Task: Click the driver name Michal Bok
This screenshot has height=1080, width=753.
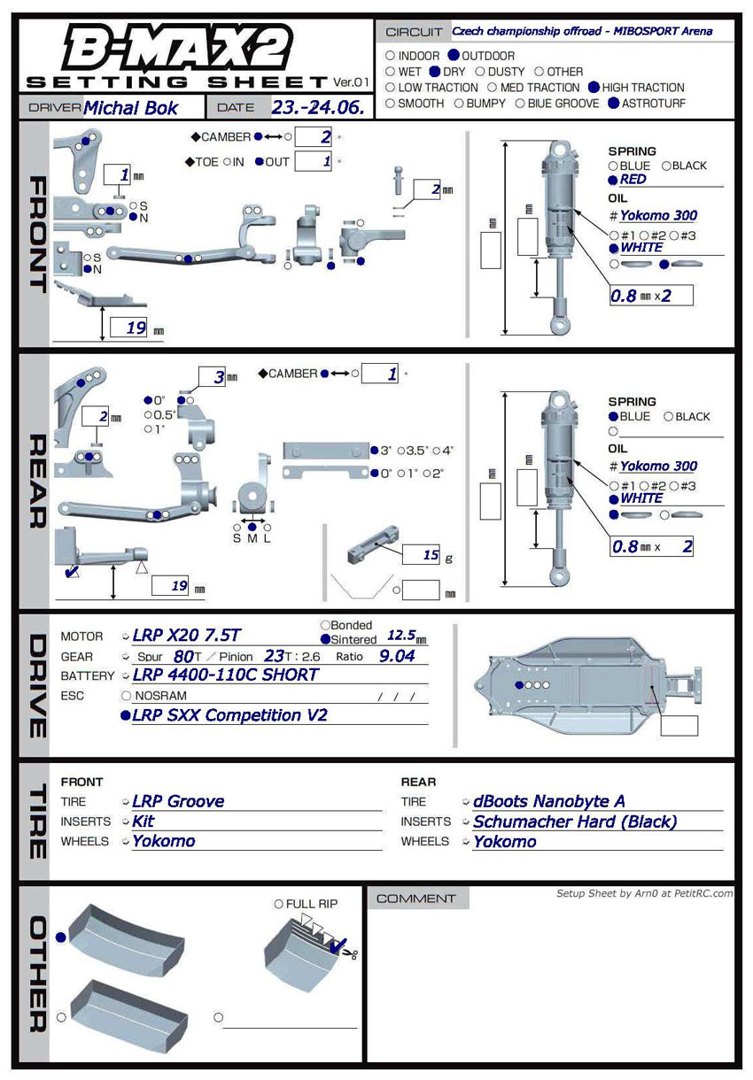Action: point(130,108)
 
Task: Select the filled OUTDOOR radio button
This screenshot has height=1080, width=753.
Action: point(454,56)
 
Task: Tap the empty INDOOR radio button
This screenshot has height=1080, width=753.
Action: point(391,56)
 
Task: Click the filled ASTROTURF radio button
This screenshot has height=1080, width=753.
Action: point(614,104)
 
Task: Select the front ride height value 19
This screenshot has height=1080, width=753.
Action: point(136,328)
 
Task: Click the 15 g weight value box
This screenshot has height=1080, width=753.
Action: point(421,555)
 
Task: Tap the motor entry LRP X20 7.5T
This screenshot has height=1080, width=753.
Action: point(186,636)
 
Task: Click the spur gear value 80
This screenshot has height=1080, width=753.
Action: point(184,656)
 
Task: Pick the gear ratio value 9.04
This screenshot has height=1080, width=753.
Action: point(397,656)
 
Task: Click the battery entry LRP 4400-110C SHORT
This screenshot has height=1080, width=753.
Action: point(225,675)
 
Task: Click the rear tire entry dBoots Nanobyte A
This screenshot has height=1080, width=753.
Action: point(549,801)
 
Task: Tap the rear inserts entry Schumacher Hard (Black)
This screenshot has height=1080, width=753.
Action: point(574,822)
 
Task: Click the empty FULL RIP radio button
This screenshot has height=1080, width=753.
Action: point(279,904)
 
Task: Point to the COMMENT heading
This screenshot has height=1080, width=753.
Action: point(415,899)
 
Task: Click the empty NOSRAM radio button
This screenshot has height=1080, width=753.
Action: point(127,696)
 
